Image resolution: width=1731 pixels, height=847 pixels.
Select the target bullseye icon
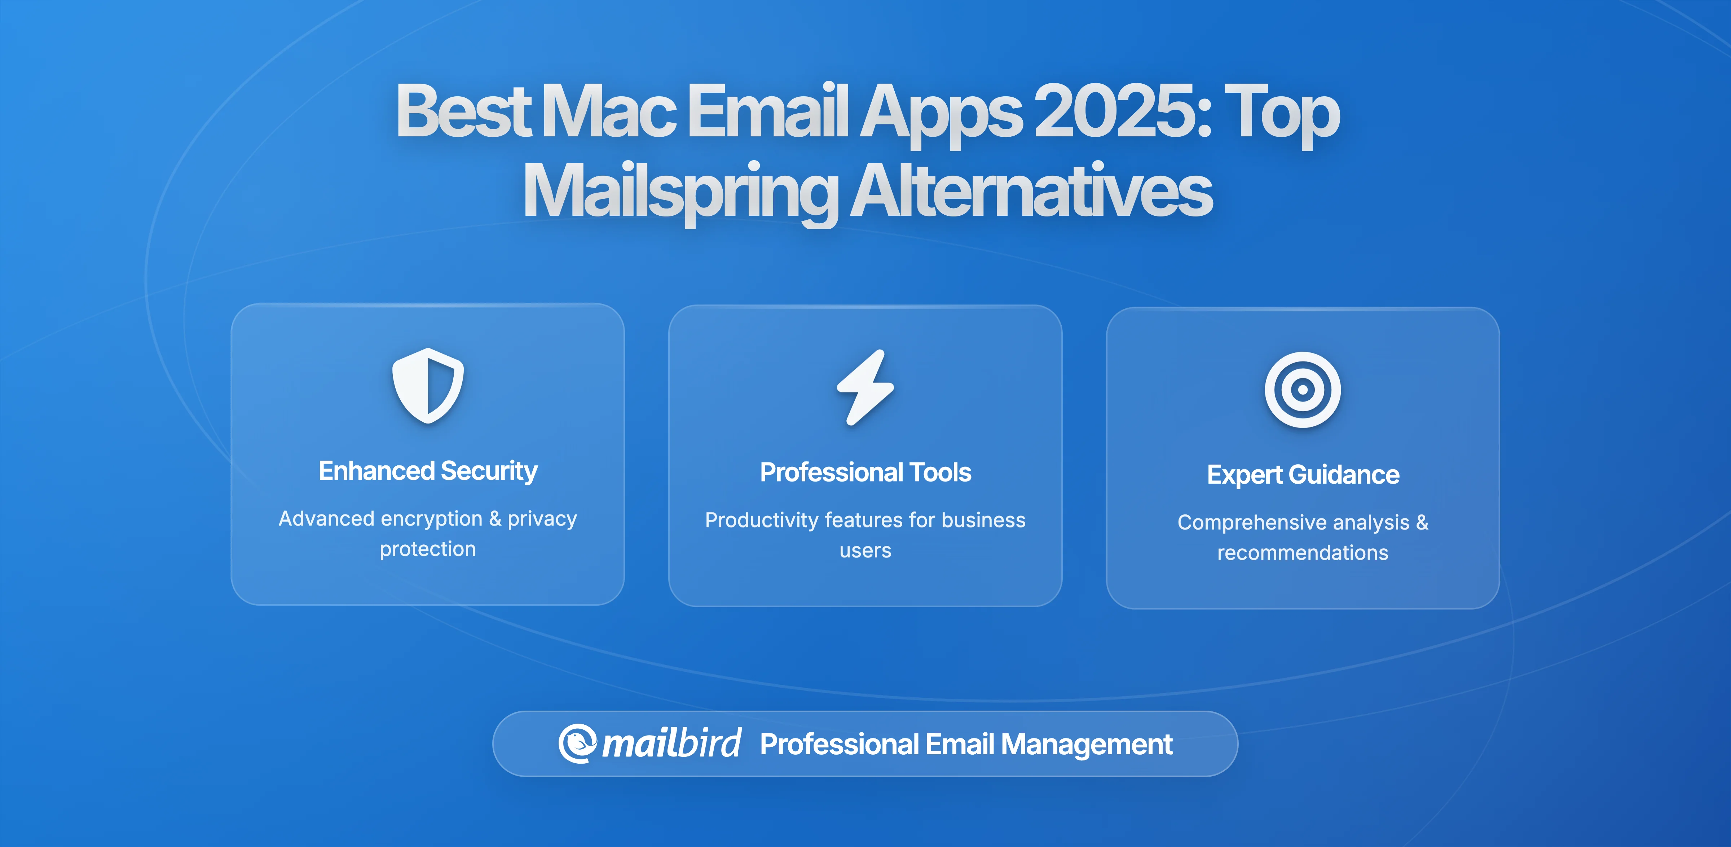point(1302,390)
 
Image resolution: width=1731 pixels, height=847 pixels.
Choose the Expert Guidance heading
point(1302,475)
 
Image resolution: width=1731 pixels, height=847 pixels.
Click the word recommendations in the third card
point(1302,553)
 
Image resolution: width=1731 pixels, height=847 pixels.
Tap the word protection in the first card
point(427,549)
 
